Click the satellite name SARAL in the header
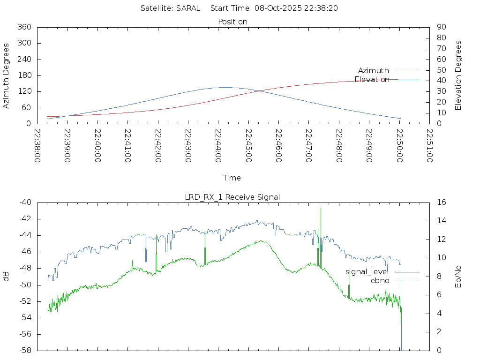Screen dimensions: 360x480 pyautogui.click(x=188, y=8)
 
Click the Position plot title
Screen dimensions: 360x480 pyautogui.click(x=232, y=22)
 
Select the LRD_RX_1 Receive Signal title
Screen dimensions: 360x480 pyautogui.click(x=232, y=197)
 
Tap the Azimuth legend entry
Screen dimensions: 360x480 pyautogui.click(x=374, y=70)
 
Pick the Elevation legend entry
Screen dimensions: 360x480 pyautogui.click(x=372, y=79)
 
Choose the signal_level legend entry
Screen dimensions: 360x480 pyautogui.click(x=367, y=271)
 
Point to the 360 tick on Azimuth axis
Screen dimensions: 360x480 pyautogui.click(x=24, y=27)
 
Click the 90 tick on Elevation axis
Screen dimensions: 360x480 pyautogui.click(x=441, y=27)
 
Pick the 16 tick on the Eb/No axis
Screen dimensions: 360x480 pyautogui.click(x=441, y=202)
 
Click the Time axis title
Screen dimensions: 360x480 pyautogui.click(x=232, y=178)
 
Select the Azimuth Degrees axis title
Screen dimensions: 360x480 pyautogui.click(x=7, y=75)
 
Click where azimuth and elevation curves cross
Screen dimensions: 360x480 pyautogui.click(x=259, y=90)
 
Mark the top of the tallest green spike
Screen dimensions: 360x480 pyautogui.click(x=321, y=208)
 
